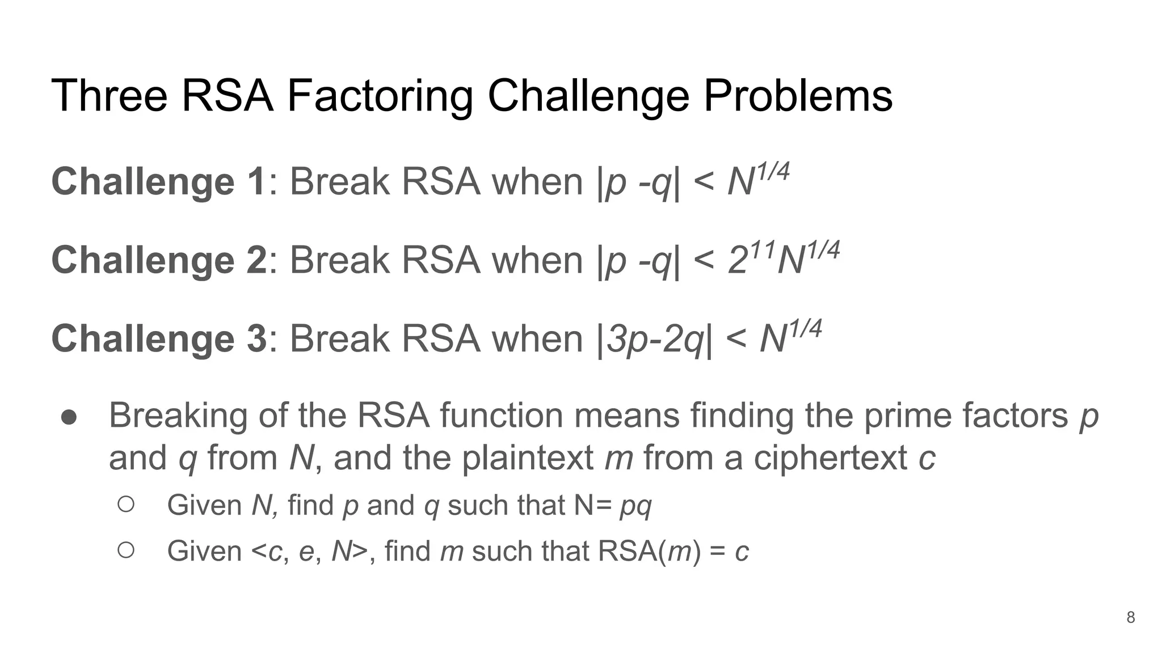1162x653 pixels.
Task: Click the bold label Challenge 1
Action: click(159, 182)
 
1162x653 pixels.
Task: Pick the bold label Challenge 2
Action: click(159, 260)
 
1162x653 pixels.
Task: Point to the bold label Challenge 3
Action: click(159, 338)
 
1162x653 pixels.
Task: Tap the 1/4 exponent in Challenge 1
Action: click(772, 172)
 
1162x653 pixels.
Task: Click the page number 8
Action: click(1130, 617)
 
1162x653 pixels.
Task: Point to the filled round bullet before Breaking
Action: click(69, 417)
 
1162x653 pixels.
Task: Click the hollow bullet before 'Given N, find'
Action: click(126, 504)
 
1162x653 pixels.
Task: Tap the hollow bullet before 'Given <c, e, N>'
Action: click(126, 550)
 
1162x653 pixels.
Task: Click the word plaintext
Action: click(527, 458)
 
